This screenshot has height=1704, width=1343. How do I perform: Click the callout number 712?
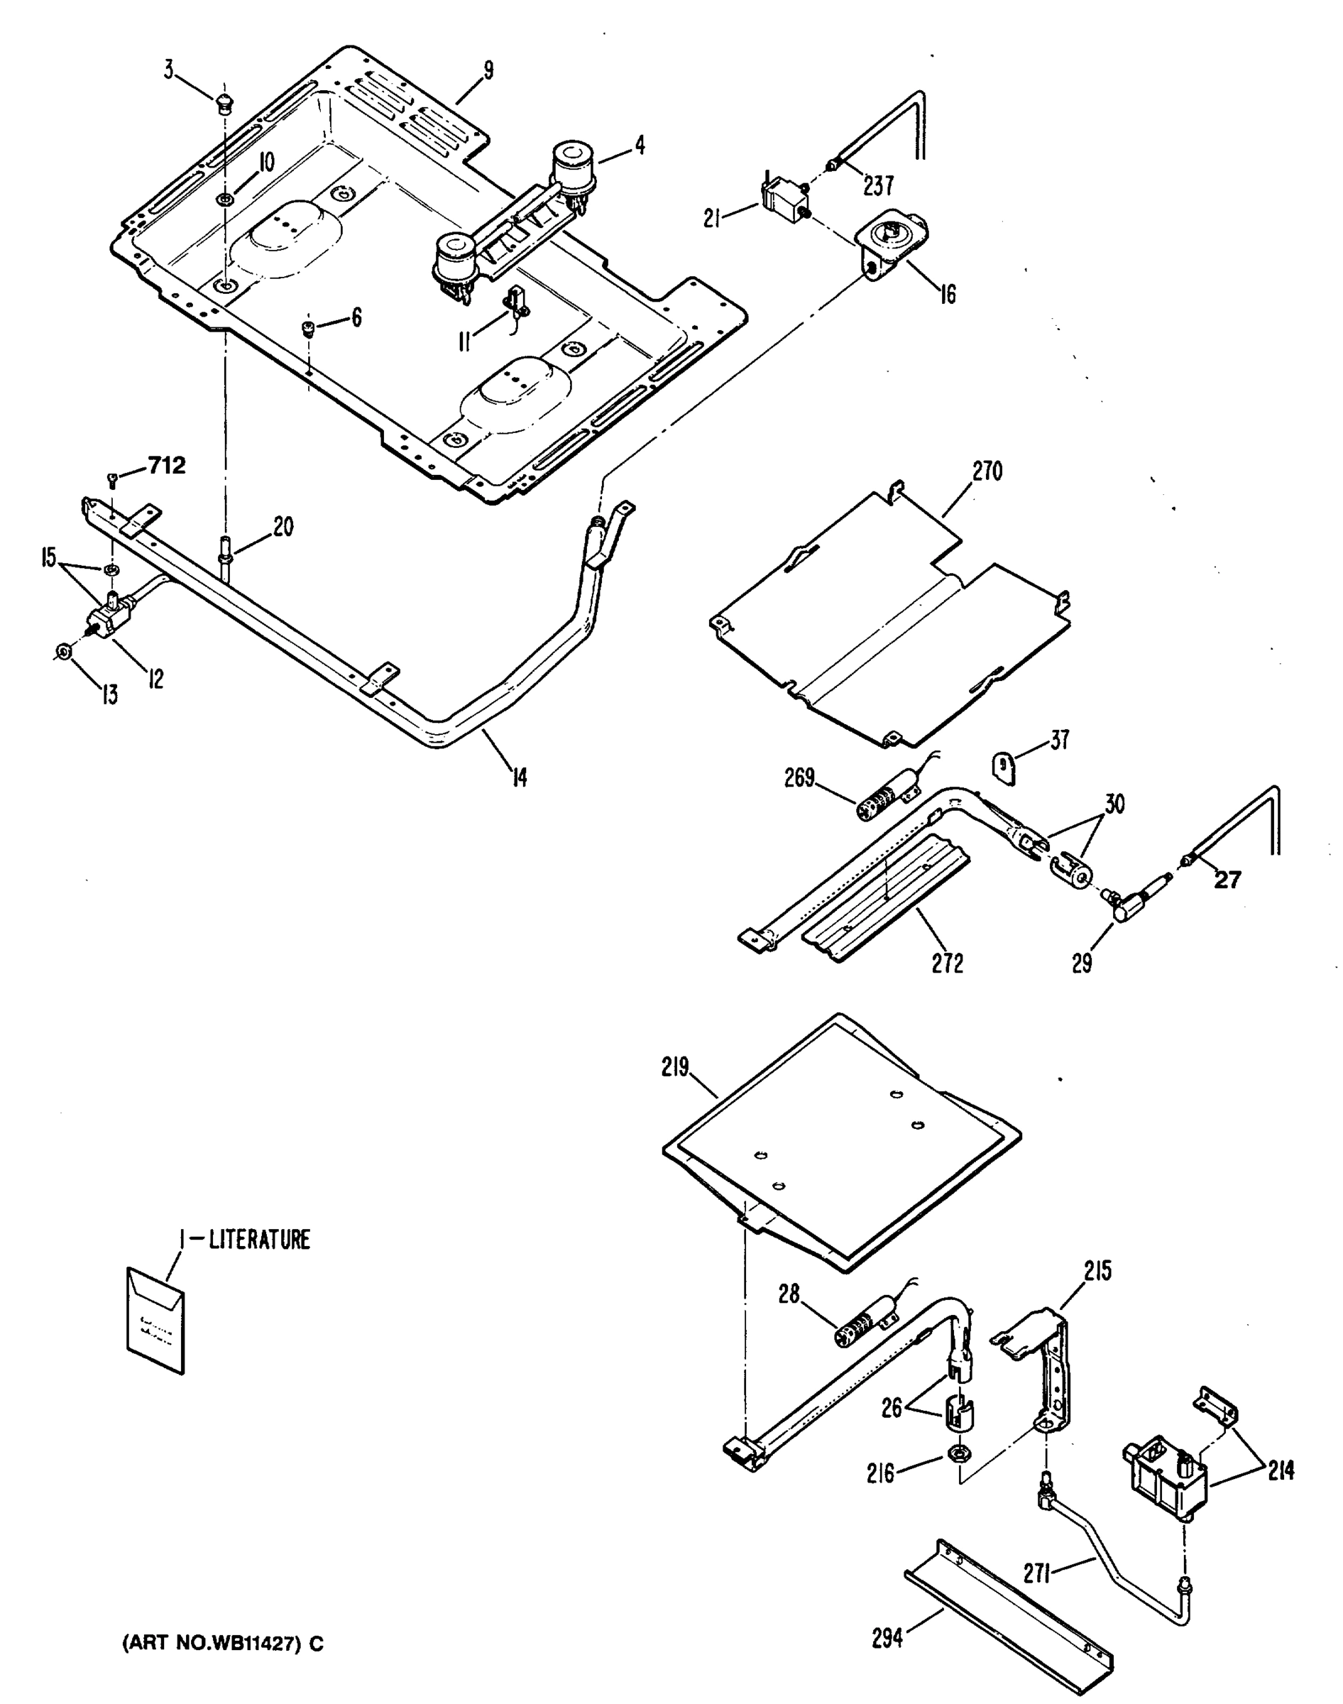click(x=166, y=466)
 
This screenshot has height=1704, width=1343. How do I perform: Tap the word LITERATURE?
click(x=260, y=1240)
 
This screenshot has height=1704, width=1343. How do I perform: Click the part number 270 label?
click(x=987, y=472)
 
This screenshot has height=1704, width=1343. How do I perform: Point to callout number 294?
click(x=887, y=1639)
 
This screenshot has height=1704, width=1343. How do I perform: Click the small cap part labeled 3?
click(x=224, y=102)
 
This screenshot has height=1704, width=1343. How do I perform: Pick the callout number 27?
click(x=1227, y=880)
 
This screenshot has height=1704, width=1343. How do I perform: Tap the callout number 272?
click(x=947, y=963)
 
